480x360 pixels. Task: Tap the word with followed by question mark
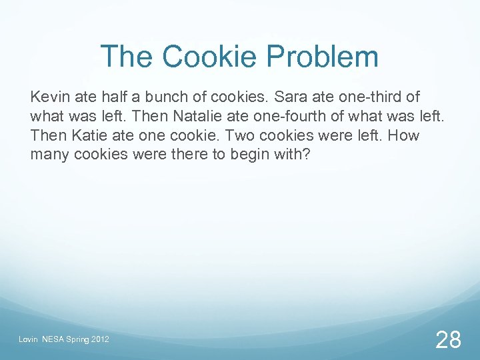pos(291,155)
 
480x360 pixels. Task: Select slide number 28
pos(447,340)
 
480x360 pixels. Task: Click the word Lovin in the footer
pos(27,340)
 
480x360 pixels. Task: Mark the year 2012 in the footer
pos(99,340)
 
